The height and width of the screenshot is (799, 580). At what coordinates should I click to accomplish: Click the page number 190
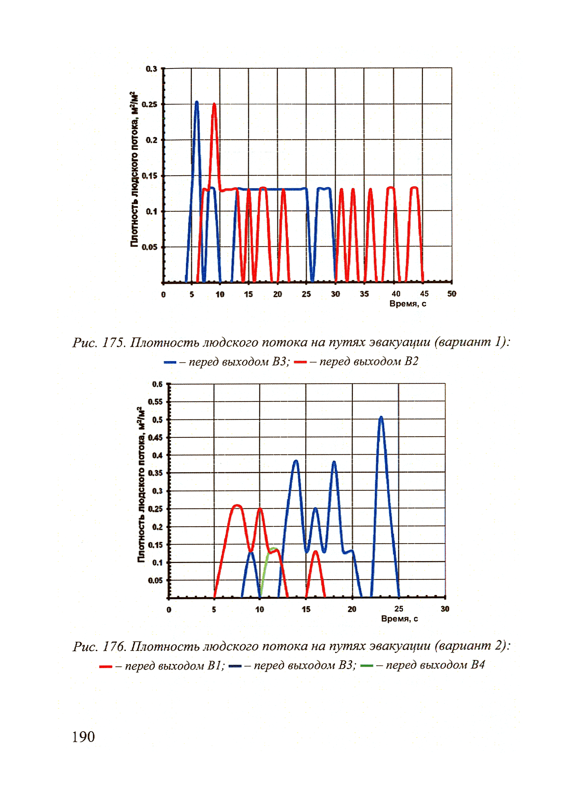coord(83,737)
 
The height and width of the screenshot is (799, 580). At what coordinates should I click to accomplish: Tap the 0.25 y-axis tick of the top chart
coord(150,105)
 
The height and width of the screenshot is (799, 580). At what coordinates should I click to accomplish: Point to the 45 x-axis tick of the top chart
coord(424,294)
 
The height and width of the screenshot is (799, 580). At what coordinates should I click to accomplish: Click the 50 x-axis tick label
coord(452,294)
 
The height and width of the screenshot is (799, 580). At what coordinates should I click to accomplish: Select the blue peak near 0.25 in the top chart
coord(196,103)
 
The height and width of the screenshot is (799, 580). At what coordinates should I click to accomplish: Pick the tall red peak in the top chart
coord(214,105)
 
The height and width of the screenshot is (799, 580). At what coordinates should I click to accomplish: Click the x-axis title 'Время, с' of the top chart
coord(408,304)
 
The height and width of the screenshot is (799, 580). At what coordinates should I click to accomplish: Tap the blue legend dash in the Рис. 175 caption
coord(170,362)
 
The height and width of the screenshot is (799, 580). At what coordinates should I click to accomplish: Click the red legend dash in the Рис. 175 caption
coord(300,362)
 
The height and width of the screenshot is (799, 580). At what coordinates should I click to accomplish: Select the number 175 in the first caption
coord(113,342)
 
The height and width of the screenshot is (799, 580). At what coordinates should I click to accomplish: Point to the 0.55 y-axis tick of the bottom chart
coord(155,402)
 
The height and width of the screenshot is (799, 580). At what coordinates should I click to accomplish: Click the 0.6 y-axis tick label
coord(157,384)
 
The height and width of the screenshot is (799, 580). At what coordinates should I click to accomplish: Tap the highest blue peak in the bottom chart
coord(381,418)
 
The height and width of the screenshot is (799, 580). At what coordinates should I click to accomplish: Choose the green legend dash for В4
coord(367,665)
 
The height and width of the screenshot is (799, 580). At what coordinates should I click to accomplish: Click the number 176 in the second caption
coord(113,646)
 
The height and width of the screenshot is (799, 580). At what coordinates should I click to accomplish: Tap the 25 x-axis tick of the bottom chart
coord(399,609)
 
